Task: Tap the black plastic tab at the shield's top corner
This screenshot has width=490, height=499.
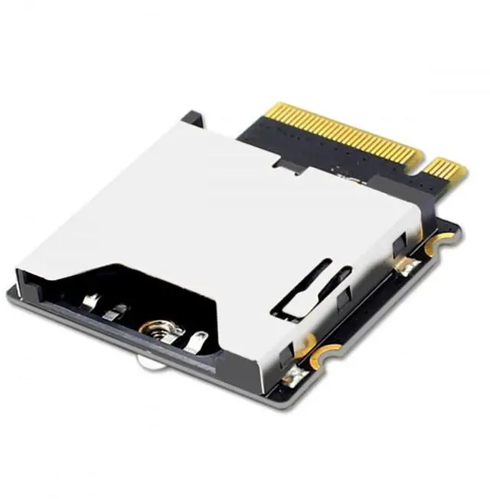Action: pos(191,119)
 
